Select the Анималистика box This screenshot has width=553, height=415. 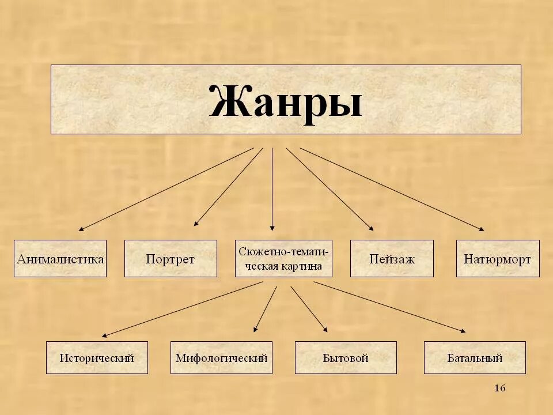[60, 259]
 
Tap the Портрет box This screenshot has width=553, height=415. [171, 259]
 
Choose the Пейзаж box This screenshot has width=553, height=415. [392, 259]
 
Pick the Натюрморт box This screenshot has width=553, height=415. [498, 259]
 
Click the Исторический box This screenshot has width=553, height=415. [97, 358]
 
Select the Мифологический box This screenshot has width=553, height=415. [221, 358]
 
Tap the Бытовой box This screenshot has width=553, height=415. [346, 358]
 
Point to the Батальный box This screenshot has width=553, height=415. [475, 358]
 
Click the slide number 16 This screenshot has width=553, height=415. [499, 388]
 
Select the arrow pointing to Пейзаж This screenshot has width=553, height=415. [329, 188]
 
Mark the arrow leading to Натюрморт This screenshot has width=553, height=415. [392, 189]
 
